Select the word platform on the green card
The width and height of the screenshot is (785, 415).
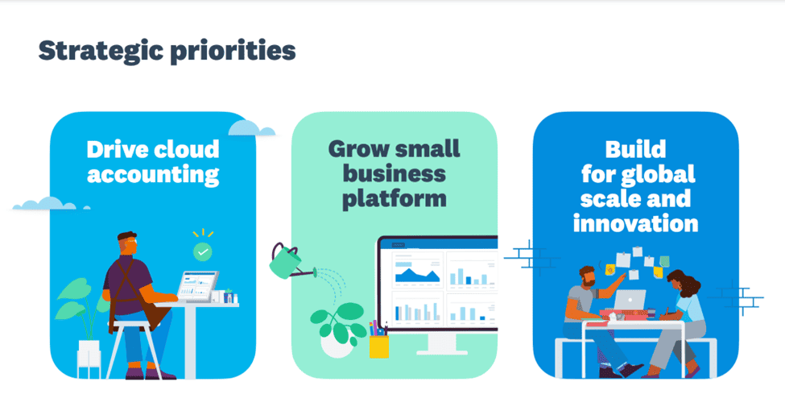pos(394,199)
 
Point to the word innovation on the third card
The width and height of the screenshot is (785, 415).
pos(635,223)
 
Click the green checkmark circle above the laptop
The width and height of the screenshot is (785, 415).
pos(202,251)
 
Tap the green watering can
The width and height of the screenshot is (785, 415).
pos(287,261)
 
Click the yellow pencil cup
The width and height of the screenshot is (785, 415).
pos(379,346)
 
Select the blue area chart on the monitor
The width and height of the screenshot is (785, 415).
pos(417,274)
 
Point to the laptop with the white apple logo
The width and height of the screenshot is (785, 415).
pos(630,301)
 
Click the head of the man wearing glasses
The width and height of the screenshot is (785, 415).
pos(127,244)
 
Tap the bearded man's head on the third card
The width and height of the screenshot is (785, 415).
pos(588,276)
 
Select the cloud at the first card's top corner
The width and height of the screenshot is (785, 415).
pos(250,128)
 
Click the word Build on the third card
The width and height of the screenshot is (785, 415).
pos(635,149)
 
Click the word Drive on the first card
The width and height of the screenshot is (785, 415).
pos(117,149)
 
